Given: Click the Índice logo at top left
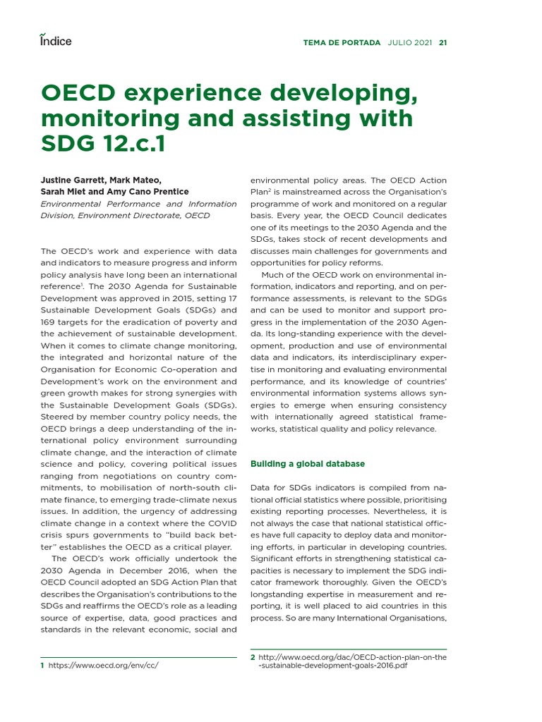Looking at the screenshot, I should [55, 40].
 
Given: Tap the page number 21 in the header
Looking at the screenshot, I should [442, 42].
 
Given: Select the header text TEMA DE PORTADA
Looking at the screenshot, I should [342, 42].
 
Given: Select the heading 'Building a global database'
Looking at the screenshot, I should [308, 463].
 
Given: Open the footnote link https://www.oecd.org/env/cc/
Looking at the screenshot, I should [103, 666].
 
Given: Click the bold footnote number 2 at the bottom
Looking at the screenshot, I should [253, 657].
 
